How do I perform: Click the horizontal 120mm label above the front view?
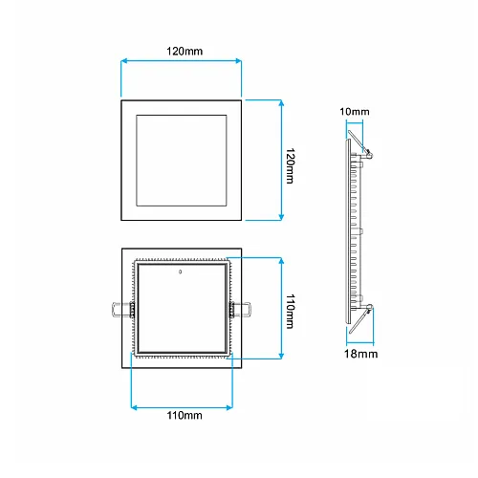pyautogui.click(x=185, y=52)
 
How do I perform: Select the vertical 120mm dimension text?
pyautogui.click(x=290, y=165)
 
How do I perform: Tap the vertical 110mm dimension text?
pyautogui.click(x=290, y=311)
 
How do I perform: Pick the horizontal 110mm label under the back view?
pyautogui.click(x=185, y=416)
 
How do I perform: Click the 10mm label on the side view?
pyautogui.click(x=355, y=112)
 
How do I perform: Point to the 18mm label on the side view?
pyautogui.click(x=360, y=354)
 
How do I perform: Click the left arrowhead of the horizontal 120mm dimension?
pyautogui.click(x=124, y=61)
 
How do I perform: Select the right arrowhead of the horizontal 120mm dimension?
pyautogui.click(x=238, y=61)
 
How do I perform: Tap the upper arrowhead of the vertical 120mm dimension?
pyautogui.click(x=281, y=103)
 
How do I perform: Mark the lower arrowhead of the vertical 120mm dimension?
pyautogui.click(x=281, y=217)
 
